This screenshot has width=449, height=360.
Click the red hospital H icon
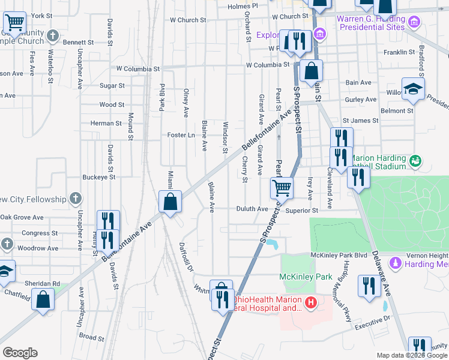(x=310, y=304)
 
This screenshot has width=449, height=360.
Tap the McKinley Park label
(x=306, y=277)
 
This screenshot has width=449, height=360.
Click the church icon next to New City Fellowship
(x=75, y=199)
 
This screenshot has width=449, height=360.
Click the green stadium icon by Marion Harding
(x=415, y=161)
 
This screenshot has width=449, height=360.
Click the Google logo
(x=20, y=353)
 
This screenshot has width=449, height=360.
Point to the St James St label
(x=360, y=121)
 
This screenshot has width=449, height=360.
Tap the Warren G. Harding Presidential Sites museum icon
(x=413, y=23)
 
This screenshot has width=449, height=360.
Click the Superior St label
(x=301, y=211)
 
